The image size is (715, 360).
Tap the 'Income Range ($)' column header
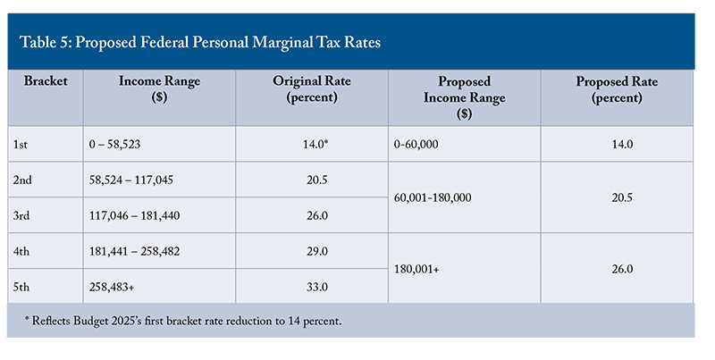159,89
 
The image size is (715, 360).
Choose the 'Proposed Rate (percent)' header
617,89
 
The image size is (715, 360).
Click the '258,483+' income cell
125,286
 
